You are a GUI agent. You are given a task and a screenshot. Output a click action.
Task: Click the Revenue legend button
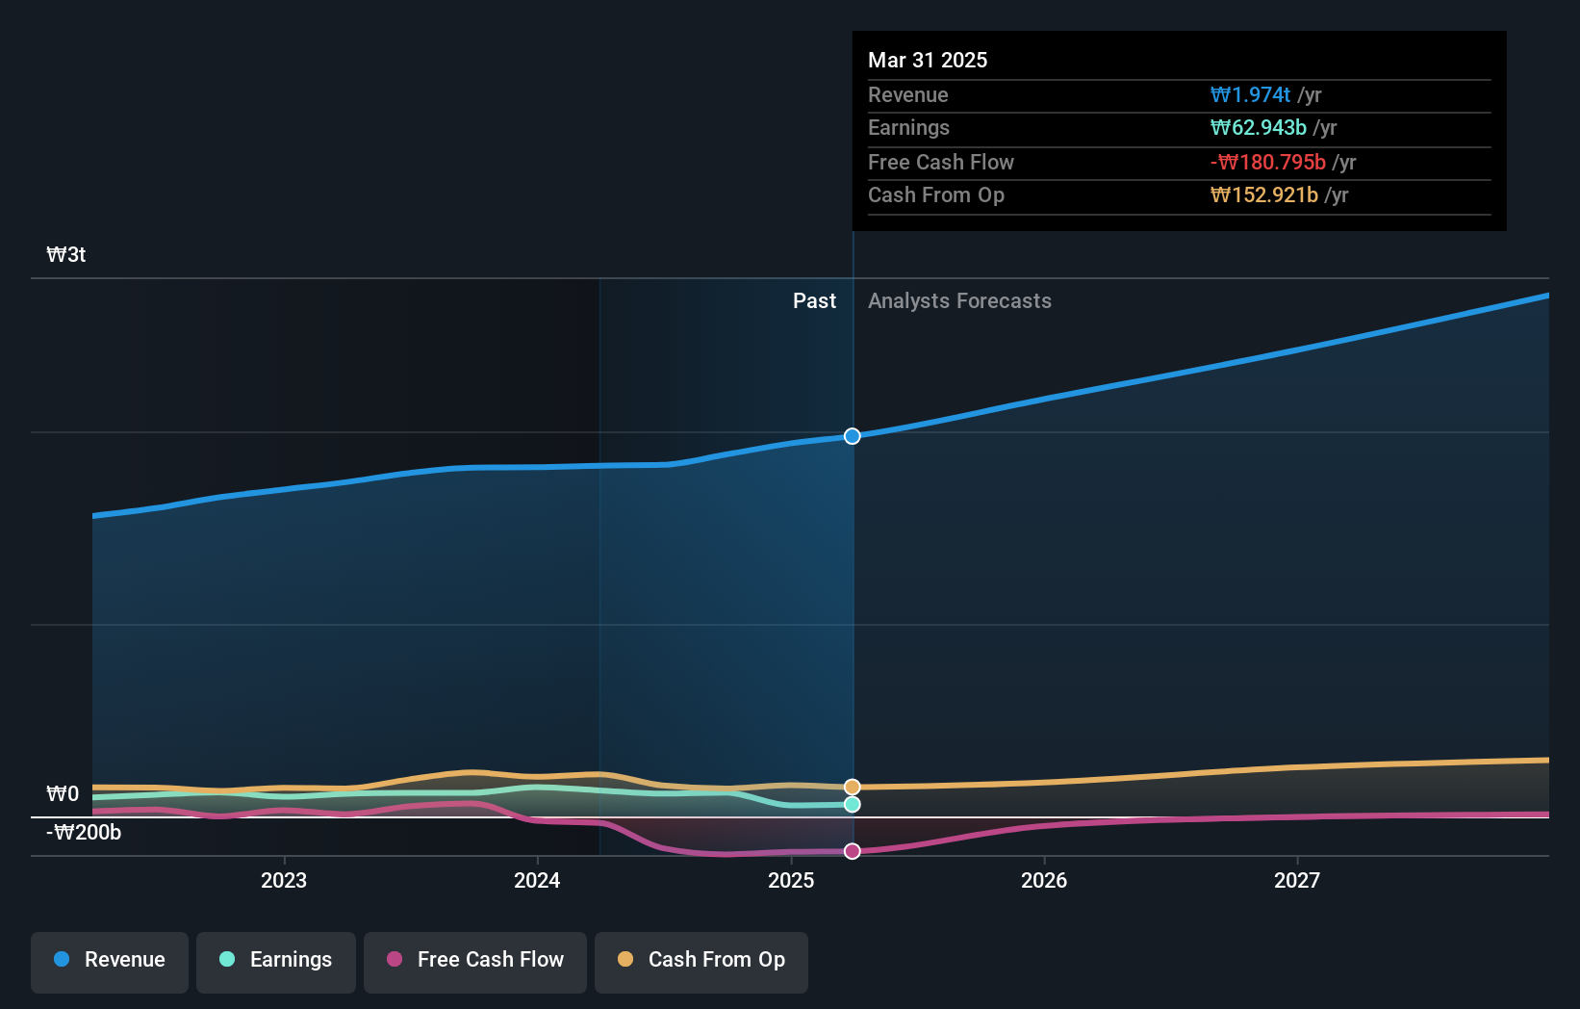[x=110, y=960]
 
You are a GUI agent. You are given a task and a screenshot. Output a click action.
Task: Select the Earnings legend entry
[x=276, y=960]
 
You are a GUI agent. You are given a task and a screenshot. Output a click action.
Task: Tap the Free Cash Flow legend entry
[x=475, y=960]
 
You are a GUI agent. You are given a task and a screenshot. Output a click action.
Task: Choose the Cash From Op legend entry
[x=701, y=960]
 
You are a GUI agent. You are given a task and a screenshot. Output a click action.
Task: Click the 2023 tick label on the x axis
[x=284, y=881]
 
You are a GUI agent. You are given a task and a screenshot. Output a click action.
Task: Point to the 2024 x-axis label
[x=537, y=881]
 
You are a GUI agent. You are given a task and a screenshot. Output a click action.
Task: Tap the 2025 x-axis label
[x=791, y=881]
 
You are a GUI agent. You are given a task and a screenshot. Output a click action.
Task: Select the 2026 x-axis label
[x=1044, y=881]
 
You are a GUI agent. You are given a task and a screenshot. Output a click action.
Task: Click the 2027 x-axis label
[x=1297, y=881]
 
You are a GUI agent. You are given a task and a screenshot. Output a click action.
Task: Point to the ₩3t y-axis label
[x=66, y=255]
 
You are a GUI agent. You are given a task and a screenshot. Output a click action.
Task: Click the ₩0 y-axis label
[x=63, y=794]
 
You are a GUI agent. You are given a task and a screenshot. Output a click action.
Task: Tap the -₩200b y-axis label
[x=84, y=833]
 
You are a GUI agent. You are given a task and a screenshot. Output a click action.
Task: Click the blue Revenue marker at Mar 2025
[x=853, y=436]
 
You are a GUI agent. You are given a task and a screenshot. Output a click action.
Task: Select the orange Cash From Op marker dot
[x=853, y=788]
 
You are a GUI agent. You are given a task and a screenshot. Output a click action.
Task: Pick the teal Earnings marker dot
[x=853, y=805]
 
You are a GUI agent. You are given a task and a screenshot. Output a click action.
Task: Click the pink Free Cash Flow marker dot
[x=853, y=851]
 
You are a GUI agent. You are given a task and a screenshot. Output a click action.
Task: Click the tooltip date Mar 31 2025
[x=928, y=61]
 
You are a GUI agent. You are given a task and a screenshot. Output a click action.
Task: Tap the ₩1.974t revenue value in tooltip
[x=1250, y=95]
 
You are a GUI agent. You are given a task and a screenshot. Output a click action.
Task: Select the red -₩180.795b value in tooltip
[x=1267, y=163]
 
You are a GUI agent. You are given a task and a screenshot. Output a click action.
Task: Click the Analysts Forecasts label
[x=959, y=301]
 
